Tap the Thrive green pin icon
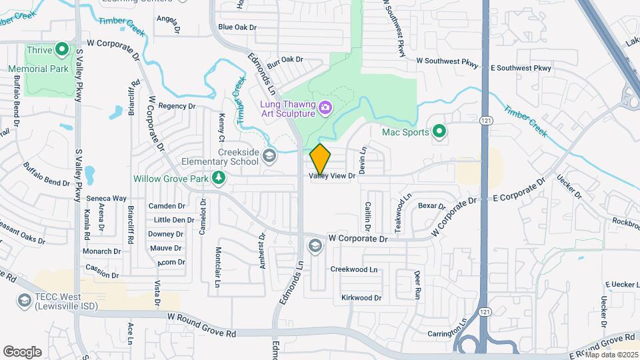click(62, 49)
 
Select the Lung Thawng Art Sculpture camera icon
click(325, 107)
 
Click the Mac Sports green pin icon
click(439, 131)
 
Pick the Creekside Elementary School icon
click(269, 157)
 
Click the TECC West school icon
click(24, 301)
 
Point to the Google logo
click(22, 351)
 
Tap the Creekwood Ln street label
click(354, 269)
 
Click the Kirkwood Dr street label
click(361, 297)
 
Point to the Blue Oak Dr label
click(237, 27)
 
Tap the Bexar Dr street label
click(431, 206)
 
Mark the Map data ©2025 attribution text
click(611, 354)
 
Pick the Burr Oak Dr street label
click(285, 59)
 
